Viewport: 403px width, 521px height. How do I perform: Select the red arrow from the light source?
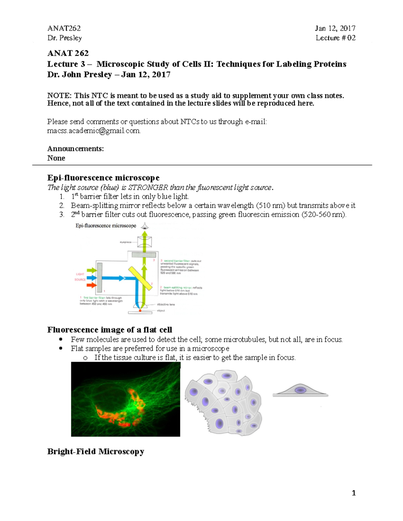pos(91,285)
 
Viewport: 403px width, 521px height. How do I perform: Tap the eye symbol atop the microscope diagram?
pos(145,226)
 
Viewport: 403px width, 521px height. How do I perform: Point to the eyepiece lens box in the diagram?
pos(144,241)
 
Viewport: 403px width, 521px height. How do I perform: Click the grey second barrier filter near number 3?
pos(144,255)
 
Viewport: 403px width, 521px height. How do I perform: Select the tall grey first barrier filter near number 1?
pos(99,278)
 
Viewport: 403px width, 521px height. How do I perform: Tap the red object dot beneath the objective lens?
pos(140,311)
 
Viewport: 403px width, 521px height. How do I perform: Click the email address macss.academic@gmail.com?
pos(94,131)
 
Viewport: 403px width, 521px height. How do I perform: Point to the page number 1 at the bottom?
pos(353,493)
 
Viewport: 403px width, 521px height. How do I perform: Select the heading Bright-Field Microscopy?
pos(96,452)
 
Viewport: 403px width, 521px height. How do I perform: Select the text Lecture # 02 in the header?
pos(335,38)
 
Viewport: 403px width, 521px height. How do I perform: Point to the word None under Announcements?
pos(56,158)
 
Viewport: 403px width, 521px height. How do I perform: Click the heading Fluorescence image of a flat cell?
pos(109,330)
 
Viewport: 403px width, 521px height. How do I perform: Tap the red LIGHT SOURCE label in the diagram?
pos(80,277)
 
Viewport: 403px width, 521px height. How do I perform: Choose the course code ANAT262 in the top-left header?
pos(64,29)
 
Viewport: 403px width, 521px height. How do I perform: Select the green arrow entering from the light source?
pos(91,270)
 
